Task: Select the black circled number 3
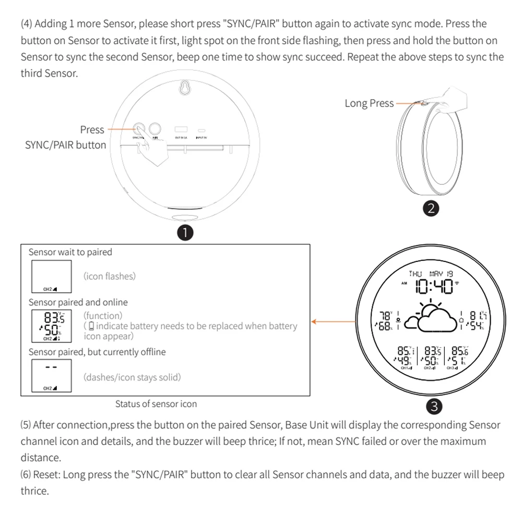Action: (435, 405)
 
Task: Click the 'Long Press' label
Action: (369, 103)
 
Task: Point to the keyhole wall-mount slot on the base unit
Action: (184, 88)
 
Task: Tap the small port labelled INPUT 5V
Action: (202, 130)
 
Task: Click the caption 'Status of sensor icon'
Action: (156, 404)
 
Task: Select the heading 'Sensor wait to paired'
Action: (70, 252)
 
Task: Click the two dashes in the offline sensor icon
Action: (51, 366)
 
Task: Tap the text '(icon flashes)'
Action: (110, 276)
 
